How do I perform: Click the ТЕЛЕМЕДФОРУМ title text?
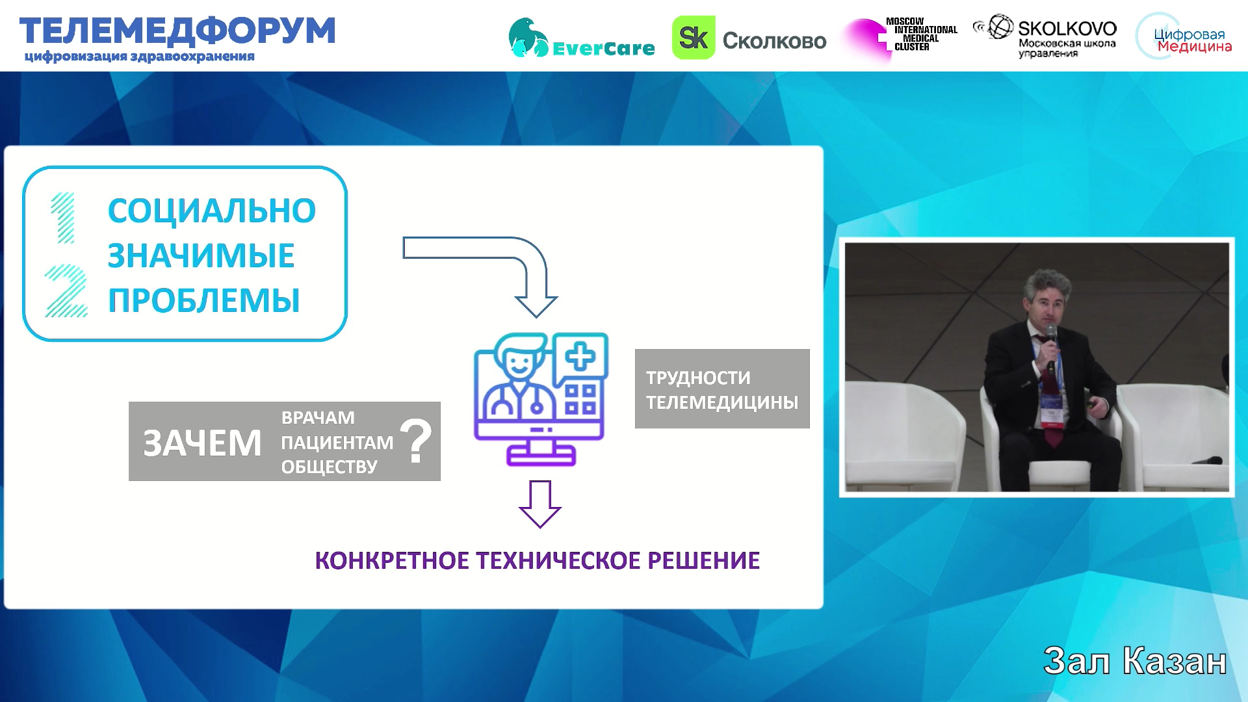point(177,31)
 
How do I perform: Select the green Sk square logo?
point(694,38)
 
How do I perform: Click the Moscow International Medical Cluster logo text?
point(922,34)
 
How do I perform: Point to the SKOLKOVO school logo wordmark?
point(1067,29)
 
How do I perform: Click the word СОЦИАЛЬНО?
point(212,211)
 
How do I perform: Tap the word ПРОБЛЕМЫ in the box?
point(204,300)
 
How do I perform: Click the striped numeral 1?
point(64,218)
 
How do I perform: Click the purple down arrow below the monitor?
point(540,504)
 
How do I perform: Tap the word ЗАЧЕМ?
point(202,443)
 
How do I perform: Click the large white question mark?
point(416,441)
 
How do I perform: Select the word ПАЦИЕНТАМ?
point(337,442)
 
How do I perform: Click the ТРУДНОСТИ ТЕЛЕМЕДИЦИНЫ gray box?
point(722,389)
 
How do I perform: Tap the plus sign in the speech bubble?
point(580,357)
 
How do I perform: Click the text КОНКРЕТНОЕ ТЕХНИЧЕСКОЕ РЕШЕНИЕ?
point(538,560)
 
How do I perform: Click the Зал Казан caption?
point(1135,661)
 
